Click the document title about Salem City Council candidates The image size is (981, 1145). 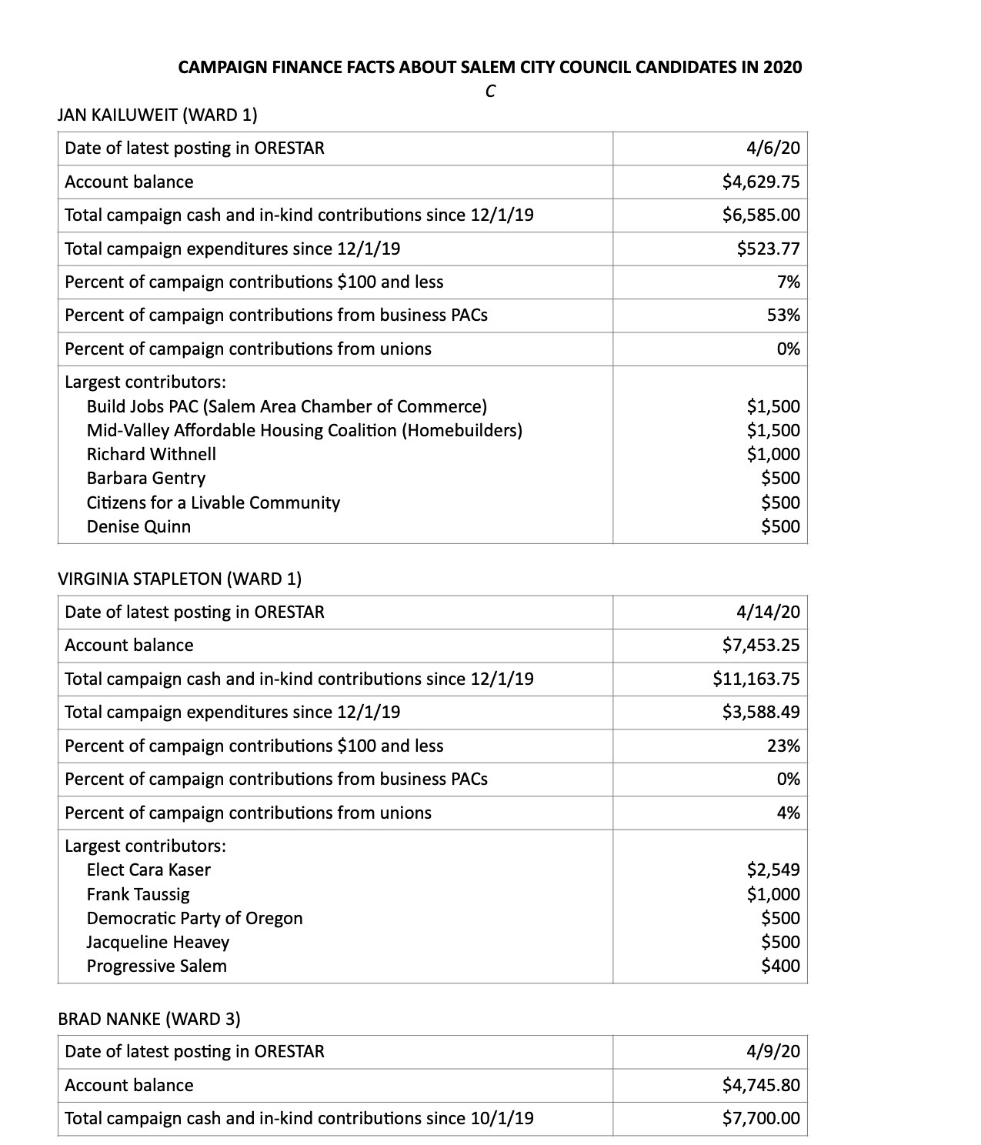click(489, 67)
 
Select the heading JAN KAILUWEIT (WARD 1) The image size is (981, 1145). click(157, 115)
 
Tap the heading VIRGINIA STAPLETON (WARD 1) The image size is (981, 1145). click(179, 579)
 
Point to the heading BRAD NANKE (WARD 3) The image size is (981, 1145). click(148, 1019)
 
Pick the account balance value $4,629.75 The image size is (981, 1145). click(760, 182)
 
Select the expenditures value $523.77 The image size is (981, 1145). click(768, 249)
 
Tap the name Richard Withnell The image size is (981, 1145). click(151, 454)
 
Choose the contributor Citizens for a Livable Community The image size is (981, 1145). click(213, 502)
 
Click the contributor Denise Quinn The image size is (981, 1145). click(138, 526)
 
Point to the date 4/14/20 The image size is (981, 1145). click(768, 612)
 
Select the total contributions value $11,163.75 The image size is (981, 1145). click(756, 679)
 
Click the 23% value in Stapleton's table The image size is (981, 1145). click(782, 746)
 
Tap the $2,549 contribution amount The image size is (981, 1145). click(772, 870)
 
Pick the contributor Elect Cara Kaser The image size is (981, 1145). click(148, 870)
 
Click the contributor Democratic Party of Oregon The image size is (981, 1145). click(195, 918)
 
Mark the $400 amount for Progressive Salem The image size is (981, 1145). click(780, 966)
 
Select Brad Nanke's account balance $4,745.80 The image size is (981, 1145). click(760, 1085)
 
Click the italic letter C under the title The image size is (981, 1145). click(489, 92)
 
